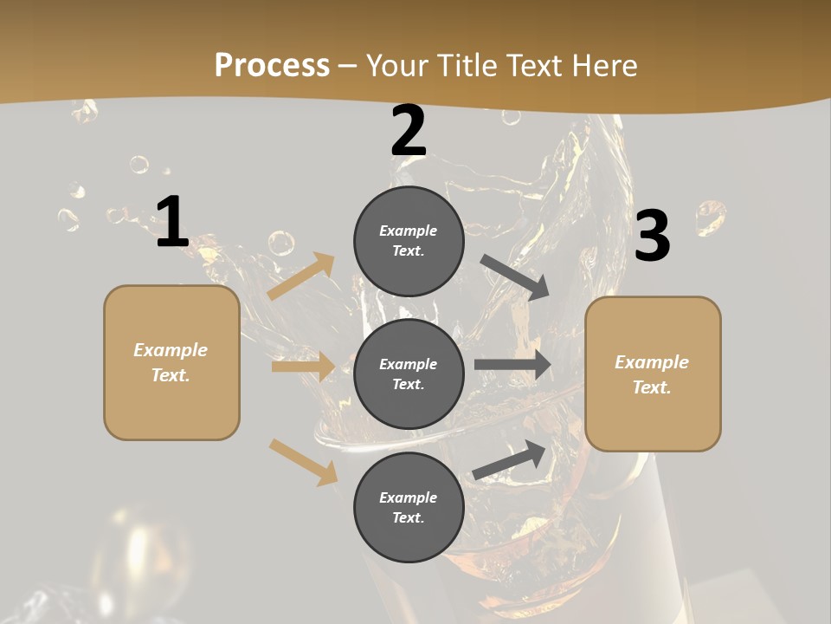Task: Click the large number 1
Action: coord(172,223)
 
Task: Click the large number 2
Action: coord(409,132)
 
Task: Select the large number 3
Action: coord(652,237)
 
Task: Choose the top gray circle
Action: coord(409,241)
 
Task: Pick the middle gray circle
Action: coord(409,374)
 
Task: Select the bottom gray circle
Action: coord(409,507)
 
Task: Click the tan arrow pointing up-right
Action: coord(301,276)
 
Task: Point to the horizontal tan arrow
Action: coord(303,367)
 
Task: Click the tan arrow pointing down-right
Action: coord(303,461)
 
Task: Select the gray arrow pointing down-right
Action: coord(515,277)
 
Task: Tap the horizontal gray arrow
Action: coord(512,365)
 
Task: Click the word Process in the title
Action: coord(272,65)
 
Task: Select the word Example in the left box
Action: coord(171,350)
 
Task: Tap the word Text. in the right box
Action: coord(652,387)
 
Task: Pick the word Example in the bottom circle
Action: coord(408,497)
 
